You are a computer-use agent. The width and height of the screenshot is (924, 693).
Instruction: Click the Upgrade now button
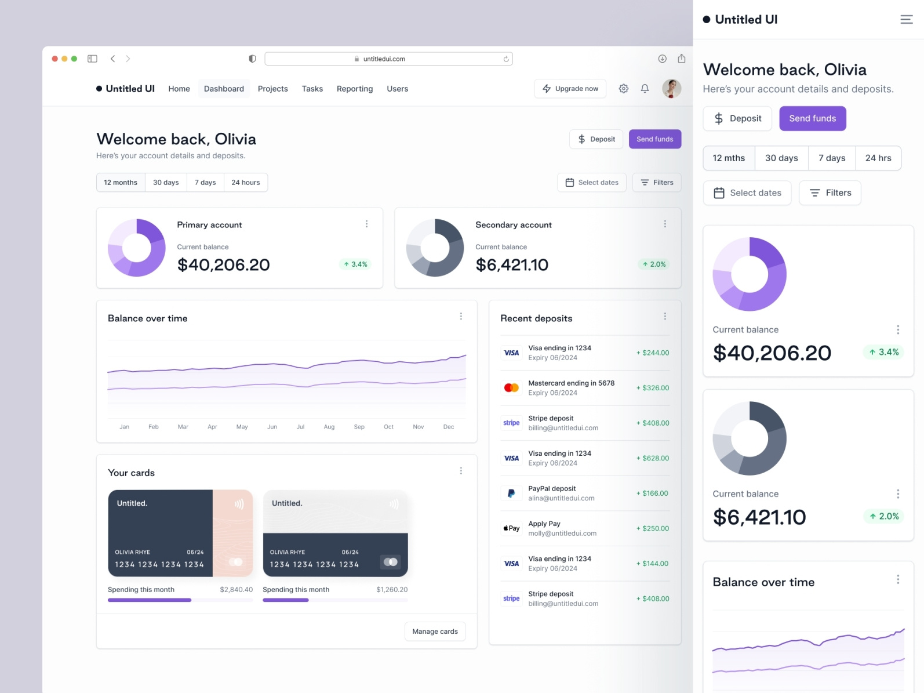tap(570, 89)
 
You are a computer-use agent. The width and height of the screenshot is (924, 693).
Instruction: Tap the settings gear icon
tap(623, 89)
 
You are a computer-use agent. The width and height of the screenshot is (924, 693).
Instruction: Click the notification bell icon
tap(645, 89)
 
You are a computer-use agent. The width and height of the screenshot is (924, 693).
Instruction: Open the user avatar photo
tap(671, 89)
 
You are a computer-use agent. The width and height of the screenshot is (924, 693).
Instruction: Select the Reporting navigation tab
tap(354, 89)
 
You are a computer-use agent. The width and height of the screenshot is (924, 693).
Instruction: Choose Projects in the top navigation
tap(272, 89)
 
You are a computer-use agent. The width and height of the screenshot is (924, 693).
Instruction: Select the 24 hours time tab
tap(245, 182)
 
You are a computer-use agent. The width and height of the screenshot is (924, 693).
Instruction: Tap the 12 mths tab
tap(729, 158)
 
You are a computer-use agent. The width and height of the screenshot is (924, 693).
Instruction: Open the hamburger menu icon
tap(906, 20)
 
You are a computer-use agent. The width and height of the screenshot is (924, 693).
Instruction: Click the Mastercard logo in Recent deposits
tap(511, 387)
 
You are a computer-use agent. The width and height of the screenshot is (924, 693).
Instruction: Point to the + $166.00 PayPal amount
tap(652, 494)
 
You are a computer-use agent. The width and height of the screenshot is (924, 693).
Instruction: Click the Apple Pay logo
tap(511, 528)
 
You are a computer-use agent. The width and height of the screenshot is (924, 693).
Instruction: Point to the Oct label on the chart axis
tap(388, 427)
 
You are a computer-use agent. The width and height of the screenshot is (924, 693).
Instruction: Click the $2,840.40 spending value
tap(236, 590)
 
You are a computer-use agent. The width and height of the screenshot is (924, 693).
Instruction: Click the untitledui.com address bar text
tap(384, 59)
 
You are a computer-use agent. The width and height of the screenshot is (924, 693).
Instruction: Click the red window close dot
tap(54, 59)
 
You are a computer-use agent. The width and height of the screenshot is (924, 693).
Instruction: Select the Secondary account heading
tap(513, 225)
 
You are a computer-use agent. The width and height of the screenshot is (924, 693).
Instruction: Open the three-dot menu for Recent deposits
tap(665, 317)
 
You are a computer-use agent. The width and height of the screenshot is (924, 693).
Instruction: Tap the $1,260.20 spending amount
tap(391, 590)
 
